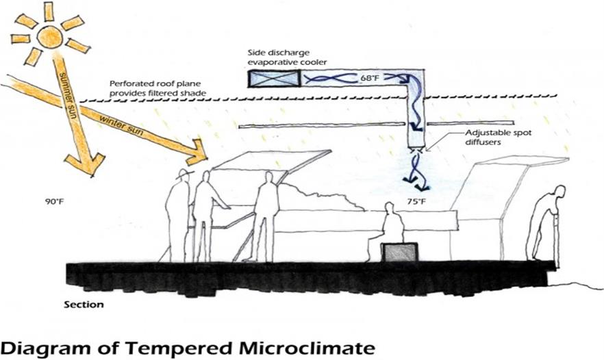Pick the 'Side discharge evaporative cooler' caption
click(x=288, y=56)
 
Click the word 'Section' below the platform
click(x=84, y=303)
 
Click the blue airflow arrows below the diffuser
click(x=416, y=170)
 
